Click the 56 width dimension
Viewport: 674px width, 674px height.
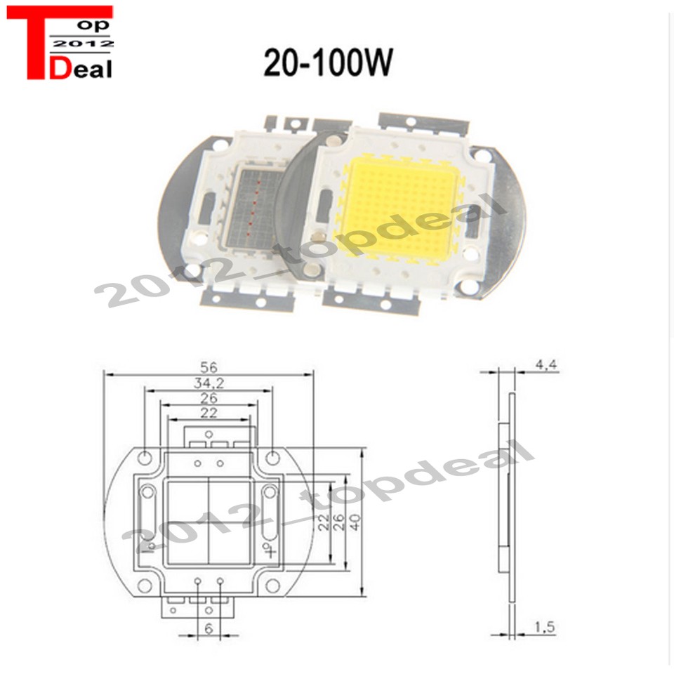coord(209,366)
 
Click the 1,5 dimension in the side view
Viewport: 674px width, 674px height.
coord(545,627)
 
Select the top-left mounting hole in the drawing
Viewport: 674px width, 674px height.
coord(145,457)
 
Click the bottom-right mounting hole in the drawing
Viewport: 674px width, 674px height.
coord(270,585)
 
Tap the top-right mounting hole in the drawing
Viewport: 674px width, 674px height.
coord(270,457)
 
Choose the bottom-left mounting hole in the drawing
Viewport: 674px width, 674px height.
coord(145,585)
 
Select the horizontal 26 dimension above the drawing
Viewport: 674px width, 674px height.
coord(208,397)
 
